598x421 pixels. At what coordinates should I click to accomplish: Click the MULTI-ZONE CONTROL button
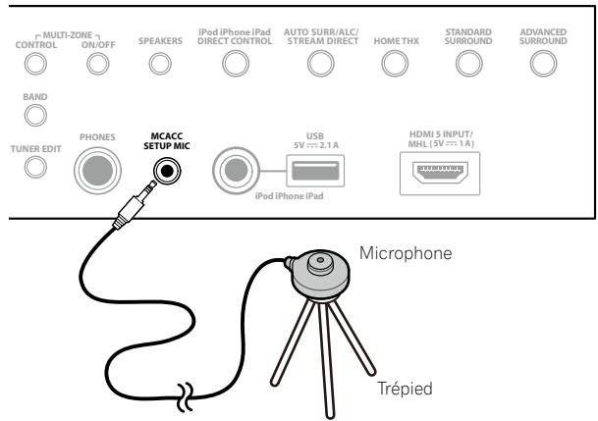point(35,64)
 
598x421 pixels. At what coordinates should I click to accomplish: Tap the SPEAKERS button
point(157,64)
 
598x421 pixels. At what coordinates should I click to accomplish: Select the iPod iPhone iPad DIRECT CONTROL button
point(233,64)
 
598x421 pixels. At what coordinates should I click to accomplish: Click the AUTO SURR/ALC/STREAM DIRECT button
point(315,64)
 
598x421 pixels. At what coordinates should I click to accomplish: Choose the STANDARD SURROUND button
point(467,64)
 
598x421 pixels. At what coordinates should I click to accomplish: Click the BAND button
point(35,117)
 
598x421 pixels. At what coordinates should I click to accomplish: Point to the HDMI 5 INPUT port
point(454,170)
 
